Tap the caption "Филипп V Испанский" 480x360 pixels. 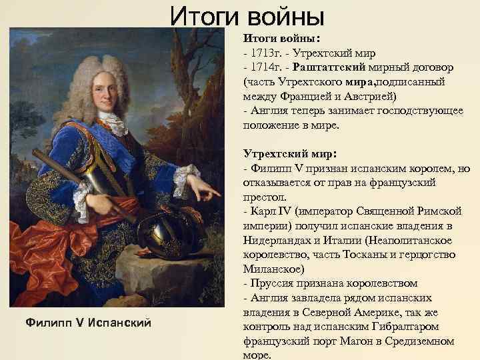[x=88, y=323]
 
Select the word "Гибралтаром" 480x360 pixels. [x=417, y=327]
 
